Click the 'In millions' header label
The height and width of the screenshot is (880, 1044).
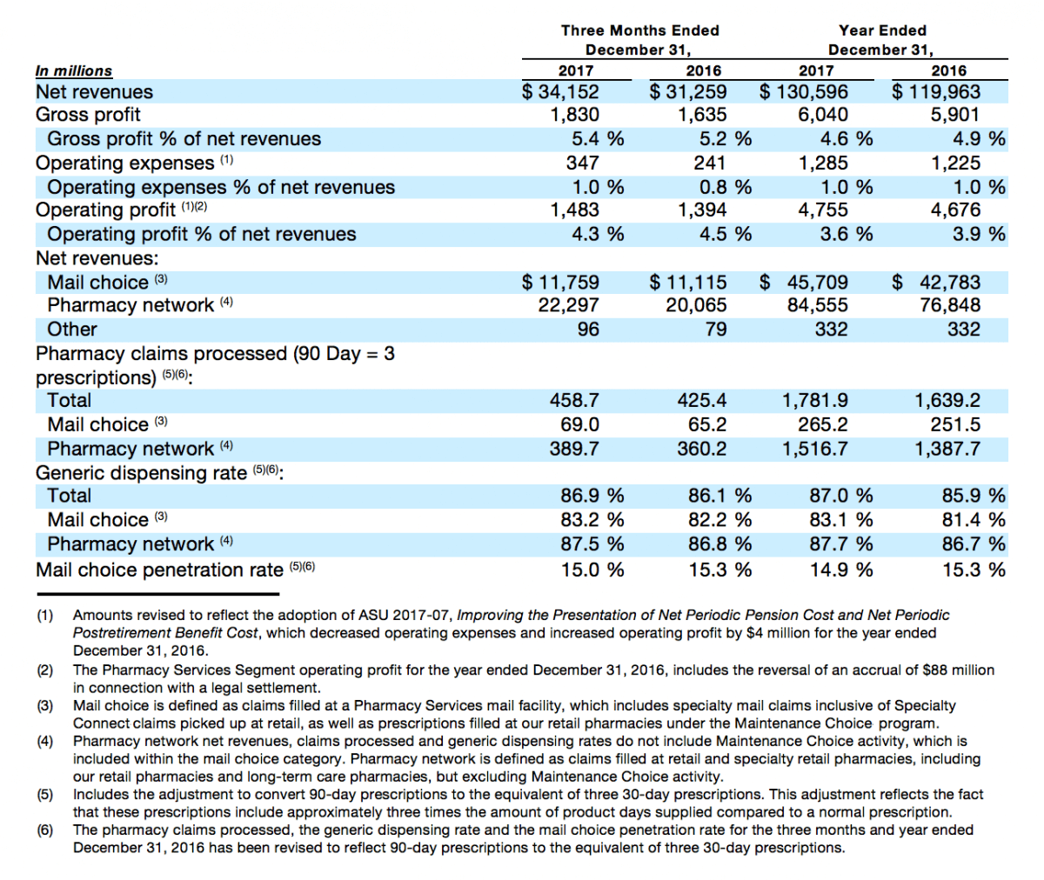click(73, 71)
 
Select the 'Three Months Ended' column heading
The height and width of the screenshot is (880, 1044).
click(640, 30)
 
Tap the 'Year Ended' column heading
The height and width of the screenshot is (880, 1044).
click(882, 30)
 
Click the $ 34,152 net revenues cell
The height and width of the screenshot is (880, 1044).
click(560, 92)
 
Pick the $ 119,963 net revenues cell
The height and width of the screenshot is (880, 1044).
click(936, 92)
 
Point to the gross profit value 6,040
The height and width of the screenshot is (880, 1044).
click(822, 115)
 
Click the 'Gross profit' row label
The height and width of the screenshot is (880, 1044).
click(88, 115)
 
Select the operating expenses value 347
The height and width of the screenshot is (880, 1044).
click(583, 163)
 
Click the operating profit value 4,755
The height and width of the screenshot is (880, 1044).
click(822, 210)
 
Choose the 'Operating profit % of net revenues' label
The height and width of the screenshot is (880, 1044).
click(202, 235)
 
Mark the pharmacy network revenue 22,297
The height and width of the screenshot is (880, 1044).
click(568, 305)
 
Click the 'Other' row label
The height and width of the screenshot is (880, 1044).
click(72, 330)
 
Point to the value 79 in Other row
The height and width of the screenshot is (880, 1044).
click(715, 330)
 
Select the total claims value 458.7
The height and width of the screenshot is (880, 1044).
click(574, 401)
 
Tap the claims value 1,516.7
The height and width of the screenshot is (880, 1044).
click(815, 449)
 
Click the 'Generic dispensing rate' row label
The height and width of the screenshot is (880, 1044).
click(142, 473)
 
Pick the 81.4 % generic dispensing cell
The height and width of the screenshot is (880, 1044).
click(974, 520)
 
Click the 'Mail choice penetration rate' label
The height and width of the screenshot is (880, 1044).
click(159, 570)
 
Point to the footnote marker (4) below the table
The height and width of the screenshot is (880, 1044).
click(45, 742)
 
